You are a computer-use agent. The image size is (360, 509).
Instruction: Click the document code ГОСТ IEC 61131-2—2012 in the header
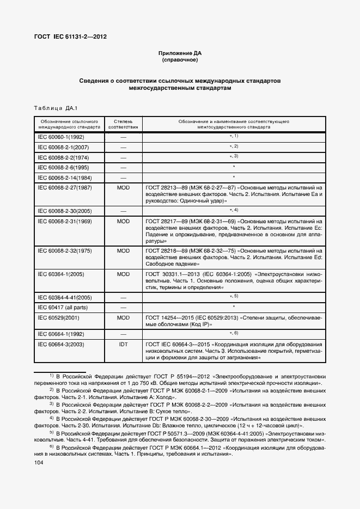(71, 37)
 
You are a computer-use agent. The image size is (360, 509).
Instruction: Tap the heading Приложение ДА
(179, 53)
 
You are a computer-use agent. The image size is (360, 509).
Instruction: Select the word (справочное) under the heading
(179, 60)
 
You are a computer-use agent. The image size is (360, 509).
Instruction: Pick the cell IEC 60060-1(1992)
(61, 137)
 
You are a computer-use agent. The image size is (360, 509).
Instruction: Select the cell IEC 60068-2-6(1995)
(63, 167)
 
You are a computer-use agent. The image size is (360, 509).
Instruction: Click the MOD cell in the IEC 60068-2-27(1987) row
(123, 187)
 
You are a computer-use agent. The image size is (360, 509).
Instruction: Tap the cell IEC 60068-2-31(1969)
(64, 222)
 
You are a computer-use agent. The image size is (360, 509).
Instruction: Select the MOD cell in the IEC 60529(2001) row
(123, 317)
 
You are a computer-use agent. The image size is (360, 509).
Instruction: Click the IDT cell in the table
(123, 345)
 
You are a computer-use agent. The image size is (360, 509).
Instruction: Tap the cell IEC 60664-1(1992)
(61, 334)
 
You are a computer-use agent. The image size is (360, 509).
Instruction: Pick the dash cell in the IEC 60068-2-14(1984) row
(123, 177)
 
